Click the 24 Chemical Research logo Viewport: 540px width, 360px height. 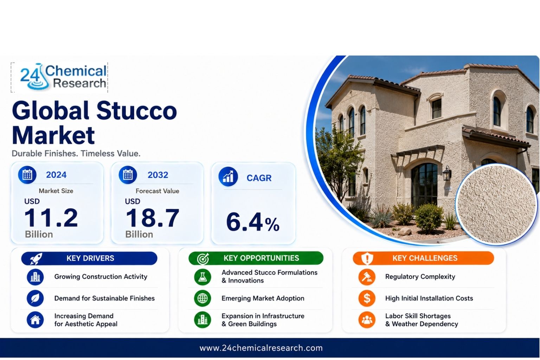63,77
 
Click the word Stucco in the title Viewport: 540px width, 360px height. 137,111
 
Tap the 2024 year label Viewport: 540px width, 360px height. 56,175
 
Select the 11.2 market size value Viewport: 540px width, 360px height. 51,218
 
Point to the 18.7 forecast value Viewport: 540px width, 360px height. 152,218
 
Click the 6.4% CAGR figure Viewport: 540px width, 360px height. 253,221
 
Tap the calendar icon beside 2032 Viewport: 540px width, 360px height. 128,175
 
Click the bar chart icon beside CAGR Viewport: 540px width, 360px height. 228,176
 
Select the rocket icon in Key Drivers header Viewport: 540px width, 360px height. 36,258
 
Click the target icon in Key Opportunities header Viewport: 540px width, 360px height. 203,258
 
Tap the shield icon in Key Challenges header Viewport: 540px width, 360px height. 367,258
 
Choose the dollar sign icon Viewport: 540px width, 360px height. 367,298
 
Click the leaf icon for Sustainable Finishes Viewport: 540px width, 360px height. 35,298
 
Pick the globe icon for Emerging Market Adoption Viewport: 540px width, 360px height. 202,298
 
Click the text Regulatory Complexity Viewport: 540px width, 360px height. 420,277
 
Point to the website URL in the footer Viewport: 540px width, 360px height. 261,348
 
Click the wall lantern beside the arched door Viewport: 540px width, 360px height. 447,173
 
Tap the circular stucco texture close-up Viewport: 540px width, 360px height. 497,204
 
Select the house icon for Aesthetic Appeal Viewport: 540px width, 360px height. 35,320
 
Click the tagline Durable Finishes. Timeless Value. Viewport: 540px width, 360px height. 76,153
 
